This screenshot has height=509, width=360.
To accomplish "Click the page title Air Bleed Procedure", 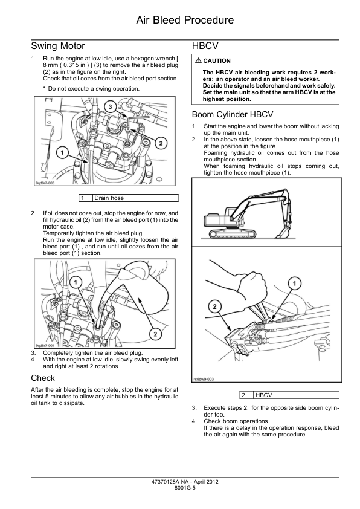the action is click(x=185, y=20).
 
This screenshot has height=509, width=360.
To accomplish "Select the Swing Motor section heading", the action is click(x=58, y=46).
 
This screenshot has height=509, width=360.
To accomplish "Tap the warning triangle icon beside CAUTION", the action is click(x=198, y=60).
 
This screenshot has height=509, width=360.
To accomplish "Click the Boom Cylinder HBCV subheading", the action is click(x=233, y=115).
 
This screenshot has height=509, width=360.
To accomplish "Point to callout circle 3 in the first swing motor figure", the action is click(x=111, y=107).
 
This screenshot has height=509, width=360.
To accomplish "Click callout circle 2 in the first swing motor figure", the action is click(x=161, y=143).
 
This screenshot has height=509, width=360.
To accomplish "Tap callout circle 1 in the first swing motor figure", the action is click(x=62, y=152).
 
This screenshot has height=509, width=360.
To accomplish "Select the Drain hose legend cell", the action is click(x=135, y=198).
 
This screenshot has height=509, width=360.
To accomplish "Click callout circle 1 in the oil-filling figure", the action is click(x=76, y=282).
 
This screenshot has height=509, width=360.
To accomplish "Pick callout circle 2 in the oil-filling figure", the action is click(x=155, y=334).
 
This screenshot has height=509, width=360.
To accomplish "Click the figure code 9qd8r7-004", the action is click(x=45, y=345).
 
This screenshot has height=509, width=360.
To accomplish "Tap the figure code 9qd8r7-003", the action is click(x=45, y=183).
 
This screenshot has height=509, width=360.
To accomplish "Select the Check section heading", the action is click(x=43, y=378).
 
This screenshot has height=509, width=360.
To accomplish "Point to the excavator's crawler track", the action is click(x=233, y=234).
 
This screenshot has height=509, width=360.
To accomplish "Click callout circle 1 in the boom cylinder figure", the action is click(x=295, y=284).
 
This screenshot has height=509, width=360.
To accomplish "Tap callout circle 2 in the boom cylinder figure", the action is click(x=214, y=306).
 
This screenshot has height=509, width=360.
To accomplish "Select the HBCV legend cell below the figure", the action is click(x=296, y=395).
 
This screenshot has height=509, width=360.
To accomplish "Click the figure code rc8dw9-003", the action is click(x=204, y=379).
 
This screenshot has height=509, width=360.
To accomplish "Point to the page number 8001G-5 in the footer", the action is click(x=185, y=488).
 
